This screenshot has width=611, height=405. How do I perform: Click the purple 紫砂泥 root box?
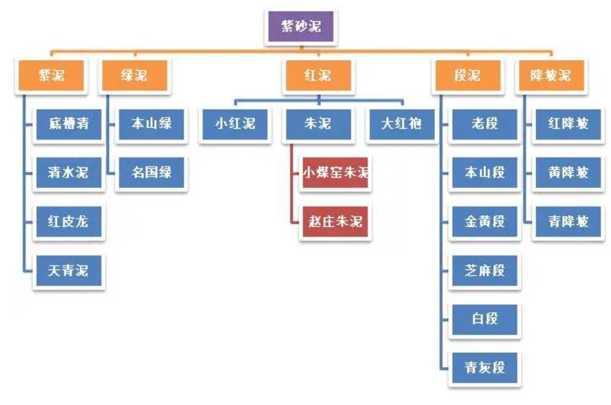301,27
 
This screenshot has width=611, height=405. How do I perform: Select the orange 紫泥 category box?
52,75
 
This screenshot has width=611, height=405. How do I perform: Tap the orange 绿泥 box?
133,75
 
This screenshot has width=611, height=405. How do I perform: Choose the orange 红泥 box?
317,75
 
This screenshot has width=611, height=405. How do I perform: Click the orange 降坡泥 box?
549,75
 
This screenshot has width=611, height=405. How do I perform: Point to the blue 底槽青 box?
69,124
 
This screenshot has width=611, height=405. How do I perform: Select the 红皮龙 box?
69,221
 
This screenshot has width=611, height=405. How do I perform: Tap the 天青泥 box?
69,270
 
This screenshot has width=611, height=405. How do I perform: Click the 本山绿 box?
151,124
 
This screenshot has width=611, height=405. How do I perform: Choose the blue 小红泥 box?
235,124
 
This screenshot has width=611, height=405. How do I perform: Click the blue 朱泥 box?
317,124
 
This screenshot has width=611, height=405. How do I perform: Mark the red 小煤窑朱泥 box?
335,173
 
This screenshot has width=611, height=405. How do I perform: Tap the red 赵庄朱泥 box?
335,221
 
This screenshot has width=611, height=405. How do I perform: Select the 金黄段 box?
485,221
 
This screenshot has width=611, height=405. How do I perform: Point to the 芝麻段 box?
485,270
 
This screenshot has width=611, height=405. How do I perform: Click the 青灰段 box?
485,367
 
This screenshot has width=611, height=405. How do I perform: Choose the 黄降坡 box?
568,173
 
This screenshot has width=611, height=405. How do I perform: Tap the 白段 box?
485,319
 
